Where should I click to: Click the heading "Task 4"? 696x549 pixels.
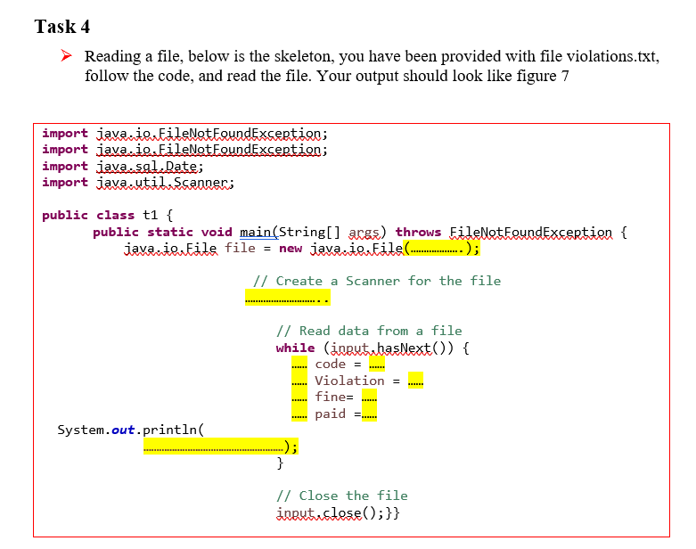click(62, 26)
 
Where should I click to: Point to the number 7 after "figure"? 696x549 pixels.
click(564, 76)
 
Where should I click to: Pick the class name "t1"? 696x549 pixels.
click(151, 215)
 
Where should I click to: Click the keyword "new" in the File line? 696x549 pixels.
click(291, 248)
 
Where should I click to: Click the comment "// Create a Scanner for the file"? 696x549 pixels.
click(377, 281)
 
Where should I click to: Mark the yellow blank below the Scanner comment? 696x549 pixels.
click(280, 299)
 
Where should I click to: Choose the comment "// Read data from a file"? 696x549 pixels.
click(370, 331)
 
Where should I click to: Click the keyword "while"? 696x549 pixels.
click(295, 348)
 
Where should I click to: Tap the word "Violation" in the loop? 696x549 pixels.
click(349, 381)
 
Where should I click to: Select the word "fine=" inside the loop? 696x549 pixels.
click(334, 397)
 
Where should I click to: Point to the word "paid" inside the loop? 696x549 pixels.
click(330, 414)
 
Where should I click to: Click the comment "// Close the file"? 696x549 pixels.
click(342, 496)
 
